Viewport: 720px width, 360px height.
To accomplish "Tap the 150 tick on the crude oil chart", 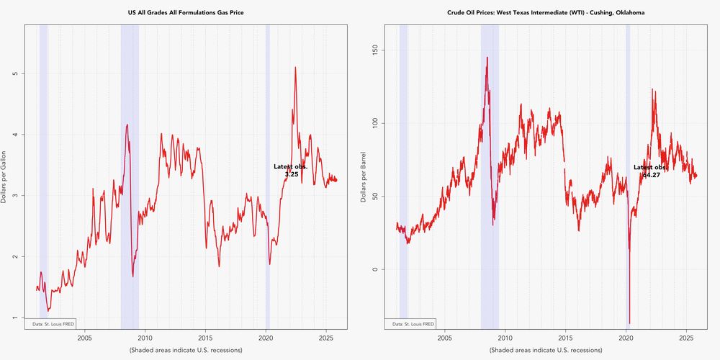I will (x=374, y=50).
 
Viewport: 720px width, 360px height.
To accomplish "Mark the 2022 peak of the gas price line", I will (x=295, y=68).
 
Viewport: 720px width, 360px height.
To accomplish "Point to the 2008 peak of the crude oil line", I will (x=487, y=58).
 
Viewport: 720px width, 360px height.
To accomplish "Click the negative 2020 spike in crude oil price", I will (x=629, y=323).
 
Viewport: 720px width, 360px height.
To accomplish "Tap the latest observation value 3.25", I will (x=291, y=175).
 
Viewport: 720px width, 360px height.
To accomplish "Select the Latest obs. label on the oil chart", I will (x=649, y=168).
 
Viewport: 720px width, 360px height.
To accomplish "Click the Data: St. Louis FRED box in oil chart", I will (x=413, y=324).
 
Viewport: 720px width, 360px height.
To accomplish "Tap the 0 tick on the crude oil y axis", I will (x=374, y=269).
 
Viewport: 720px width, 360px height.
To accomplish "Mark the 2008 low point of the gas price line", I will (x=133, y=276).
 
